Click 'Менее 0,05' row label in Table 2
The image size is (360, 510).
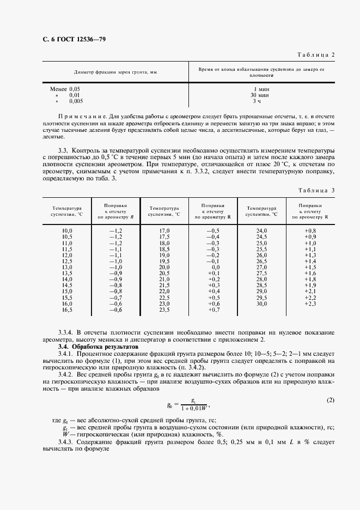tap(65, 89)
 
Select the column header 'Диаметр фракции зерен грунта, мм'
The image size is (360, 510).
tap(115, 72)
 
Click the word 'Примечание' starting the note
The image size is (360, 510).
tap(82, 117)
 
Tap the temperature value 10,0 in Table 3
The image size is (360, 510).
tap(67, 231)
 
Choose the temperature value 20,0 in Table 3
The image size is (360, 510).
tap(164, 268)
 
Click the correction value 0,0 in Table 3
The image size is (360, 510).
tap(215, 268)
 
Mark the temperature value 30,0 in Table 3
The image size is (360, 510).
tap(262, 303)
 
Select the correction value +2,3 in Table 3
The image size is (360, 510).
tap(310, 303)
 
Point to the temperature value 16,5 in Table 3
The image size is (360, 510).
tap(67, 309)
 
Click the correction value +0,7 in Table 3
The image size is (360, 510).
tap(213, 309)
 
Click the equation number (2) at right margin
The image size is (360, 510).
tap(330, 400)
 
